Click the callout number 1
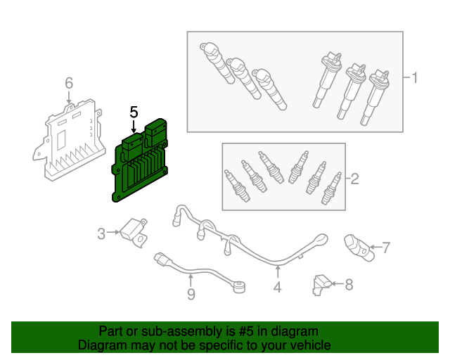[x=414, y=77]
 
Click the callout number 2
[x=354, y=179]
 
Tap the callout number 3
[x=101, y=233]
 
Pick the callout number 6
[x=68, y=84]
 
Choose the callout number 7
[x=385, y=247]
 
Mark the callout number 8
[x=349, y=284]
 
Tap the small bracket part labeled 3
[x=134, y=231]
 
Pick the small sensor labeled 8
[x=320, y=283]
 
